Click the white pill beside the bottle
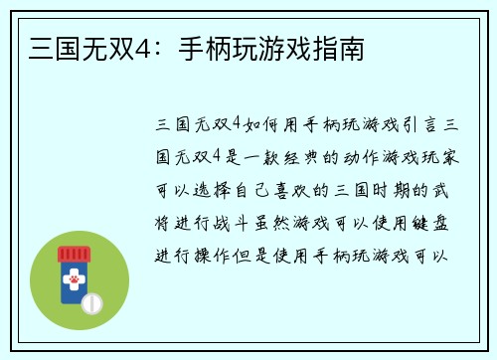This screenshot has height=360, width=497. pos(91,302)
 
